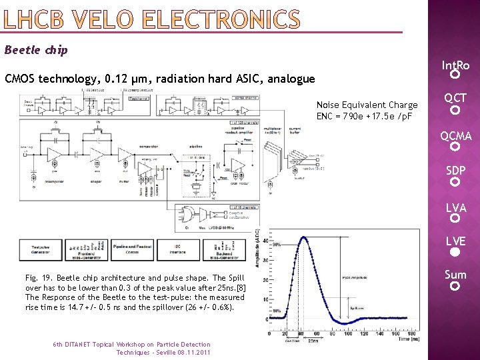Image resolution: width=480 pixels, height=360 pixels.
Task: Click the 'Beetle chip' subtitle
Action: click(x=36, y=50)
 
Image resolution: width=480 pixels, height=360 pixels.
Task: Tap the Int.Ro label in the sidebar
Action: click(x=455, y=65)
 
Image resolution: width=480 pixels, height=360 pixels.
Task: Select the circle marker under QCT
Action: click(x=455, y=110)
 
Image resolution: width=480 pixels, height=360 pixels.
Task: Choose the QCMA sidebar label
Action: click(x=455, y=136)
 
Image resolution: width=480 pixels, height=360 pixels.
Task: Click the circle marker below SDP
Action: click(x=455, y=181)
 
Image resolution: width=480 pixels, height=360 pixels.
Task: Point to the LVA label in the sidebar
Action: click(x=455, y=208)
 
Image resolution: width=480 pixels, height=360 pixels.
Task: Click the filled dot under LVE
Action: click(x=455, y=253)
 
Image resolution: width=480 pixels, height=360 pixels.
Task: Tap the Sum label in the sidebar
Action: click(x=455, y=275)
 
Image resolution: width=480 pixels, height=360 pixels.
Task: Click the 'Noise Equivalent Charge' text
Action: click(x=367, y=105)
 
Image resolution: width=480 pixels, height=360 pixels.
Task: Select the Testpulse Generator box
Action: click(x=41, y=250)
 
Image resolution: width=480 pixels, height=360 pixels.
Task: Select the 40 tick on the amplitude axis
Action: click(x=267, y=241)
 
